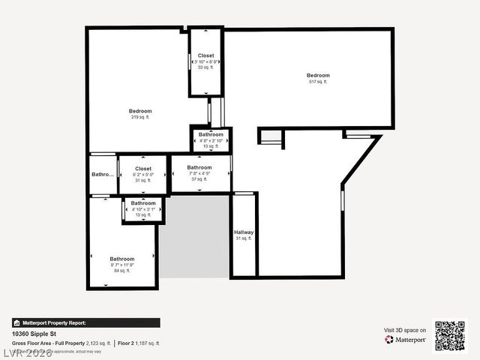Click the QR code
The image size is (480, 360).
pyautogui.click(x=450, y=336)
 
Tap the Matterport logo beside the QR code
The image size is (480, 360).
pyautogui.click(x=406, y=340)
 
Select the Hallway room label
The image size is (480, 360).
pyautogui.click(x=244, y=232)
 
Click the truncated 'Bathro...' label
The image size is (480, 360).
pyautogui.click(x=103, y=174)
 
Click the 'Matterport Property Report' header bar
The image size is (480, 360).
pyautogui.click(x=85, y=322)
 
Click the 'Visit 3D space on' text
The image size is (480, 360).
pyautogui.click(x=405, y=330)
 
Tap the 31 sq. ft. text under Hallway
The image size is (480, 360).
pyautogui.click(x=244, y=238)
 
